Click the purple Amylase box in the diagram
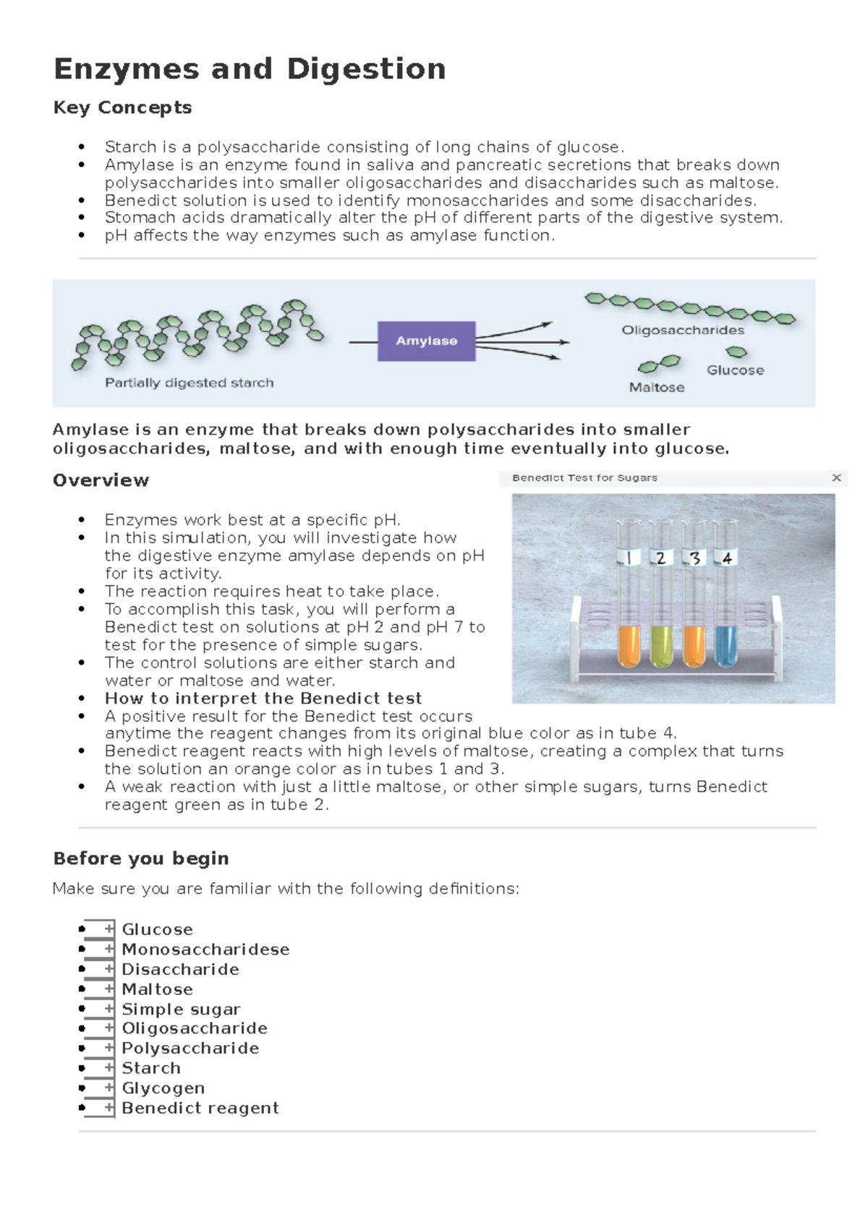[x=426, y=341]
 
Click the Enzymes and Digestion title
[x=250, y=69]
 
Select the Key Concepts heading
[x=122, y=108]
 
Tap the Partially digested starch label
[x=190, y=383]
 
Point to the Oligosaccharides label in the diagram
[x=683, y=330]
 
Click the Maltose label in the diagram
[x=657, y=387]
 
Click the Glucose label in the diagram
[x=735, y=370]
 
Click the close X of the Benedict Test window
[x=836, y=477]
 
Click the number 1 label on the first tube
[x=628, y=558]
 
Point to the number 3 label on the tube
[x=694, y=558]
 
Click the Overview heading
[x=101, y=480]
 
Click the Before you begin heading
[x=141, y=858]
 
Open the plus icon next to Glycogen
[x=109, y=1087]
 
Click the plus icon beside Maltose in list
[x=109, y=988]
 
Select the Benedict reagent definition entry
[x=200, y=1108]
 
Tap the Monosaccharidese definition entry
[x=205, y=949]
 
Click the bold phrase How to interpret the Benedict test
[x=263, y=698]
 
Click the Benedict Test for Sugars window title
[x=584, y=477]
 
